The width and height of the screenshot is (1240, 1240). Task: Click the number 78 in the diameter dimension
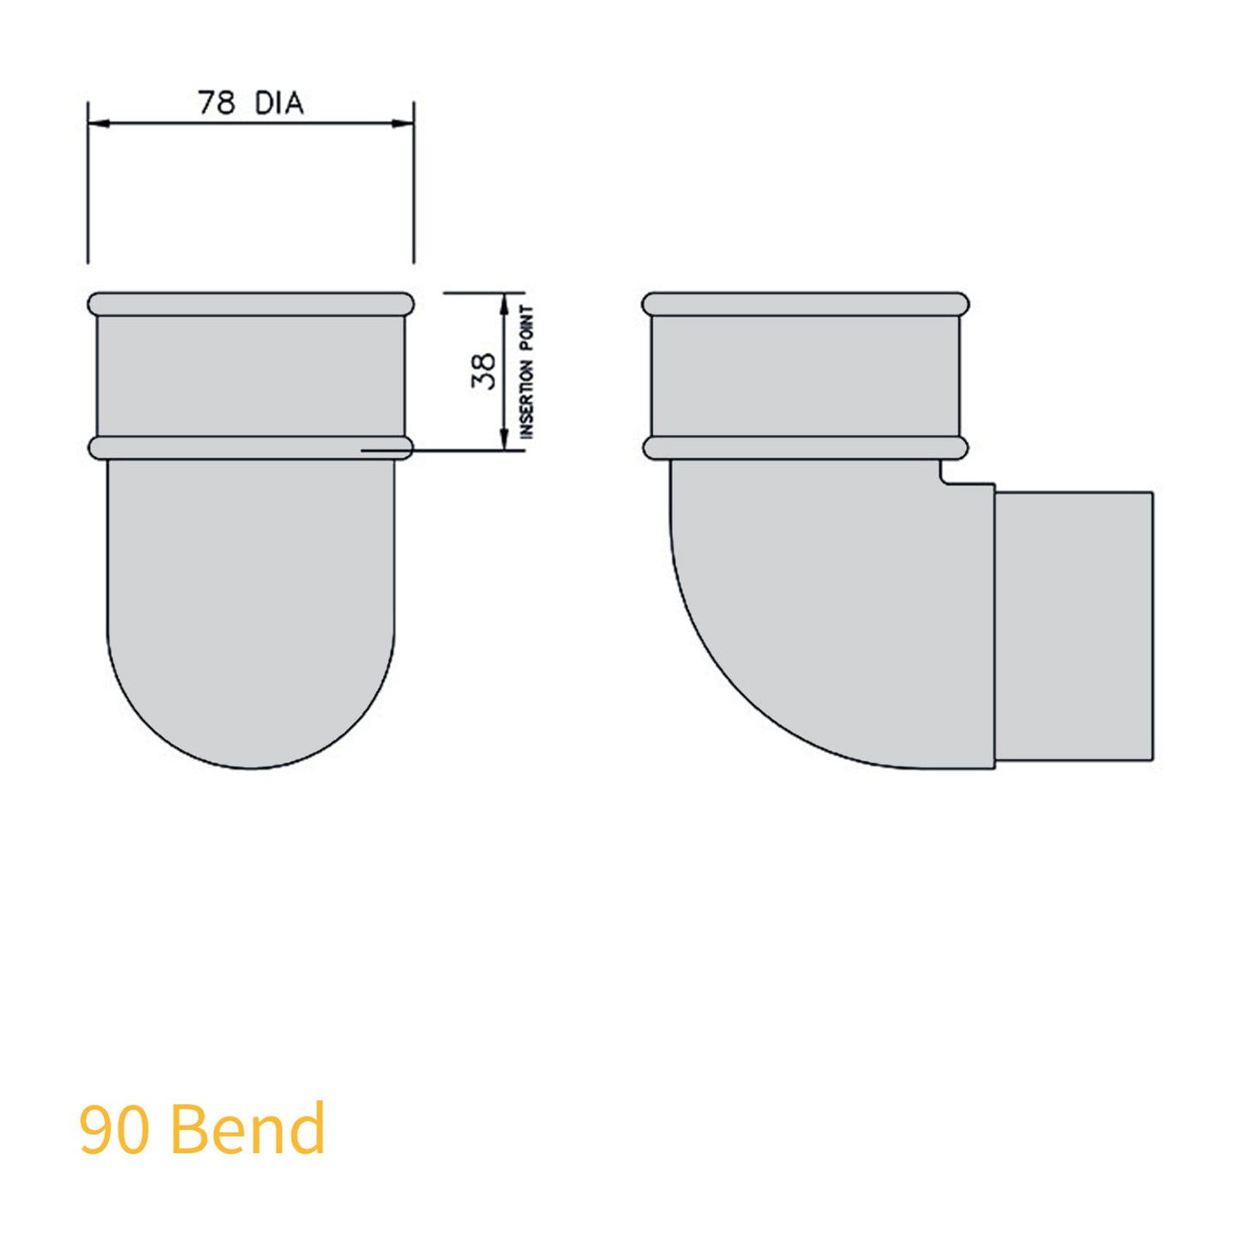pos(216,103)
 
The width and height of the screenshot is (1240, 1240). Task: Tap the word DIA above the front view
pos(279,103)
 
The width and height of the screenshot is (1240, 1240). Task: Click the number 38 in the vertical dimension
pos(484,371)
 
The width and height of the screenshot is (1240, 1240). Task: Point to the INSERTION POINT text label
pos(527,372)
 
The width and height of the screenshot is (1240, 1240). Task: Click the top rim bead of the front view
pos(251,304)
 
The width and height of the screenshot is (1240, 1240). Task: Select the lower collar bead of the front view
pos(251,448)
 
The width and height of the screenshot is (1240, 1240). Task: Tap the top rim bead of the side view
pos(805,304)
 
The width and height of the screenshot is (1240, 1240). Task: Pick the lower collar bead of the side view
pos(805,448)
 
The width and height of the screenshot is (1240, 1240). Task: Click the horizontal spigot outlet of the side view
pos(1074,626)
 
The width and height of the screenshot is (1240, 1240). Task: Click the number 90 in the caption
pos(113,1128)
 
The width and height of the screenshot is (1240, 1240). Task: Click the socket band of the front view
pos(251,376)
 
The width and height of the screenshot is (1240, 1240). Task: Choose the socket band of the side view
pos(805,376)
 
